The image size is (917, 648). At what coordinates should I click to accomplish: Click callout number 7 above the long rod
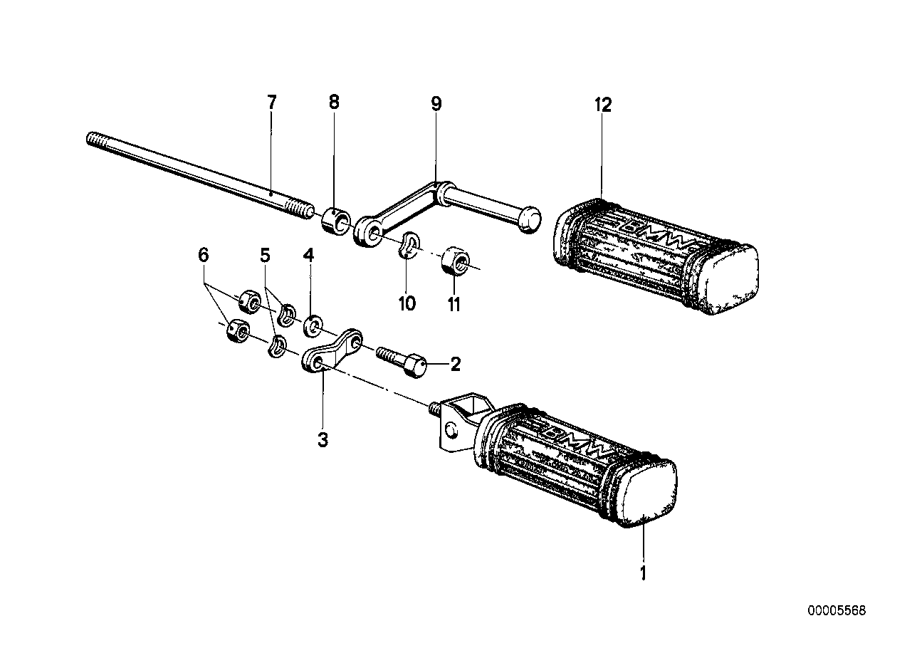[271, 102]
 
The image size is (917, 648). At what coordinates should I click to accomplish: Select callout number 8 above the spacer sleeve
[334, 102]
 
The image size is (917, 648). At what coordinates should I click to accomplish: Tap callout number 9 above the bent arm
[436, 105]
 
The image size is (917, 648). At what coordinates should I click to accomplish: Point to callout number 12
[603, 105]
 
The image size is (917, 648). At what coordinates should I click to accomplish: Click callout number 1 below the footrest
[643, 573]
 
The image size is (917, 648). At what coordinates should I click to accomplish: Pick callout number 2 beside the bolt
[455, 365]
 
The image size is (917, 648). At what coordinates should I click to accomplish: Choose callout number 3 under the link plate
[323, 439]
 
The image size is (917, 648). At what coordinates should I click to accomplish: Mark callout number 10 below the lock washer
[407, 304]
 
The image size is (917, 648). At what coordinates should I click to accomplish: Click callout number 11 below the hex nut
[454, 304]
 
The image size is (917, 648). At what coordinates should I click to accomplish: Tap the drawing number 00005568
[837, 611]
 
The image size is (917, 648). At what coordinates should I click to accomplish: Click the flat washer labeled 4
[312, 327]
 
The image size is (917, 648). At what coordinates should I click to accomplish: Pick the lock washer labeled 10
[409, 245]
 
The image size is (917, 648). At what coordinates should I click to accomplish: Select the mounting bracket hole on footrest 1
[451, 429]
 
